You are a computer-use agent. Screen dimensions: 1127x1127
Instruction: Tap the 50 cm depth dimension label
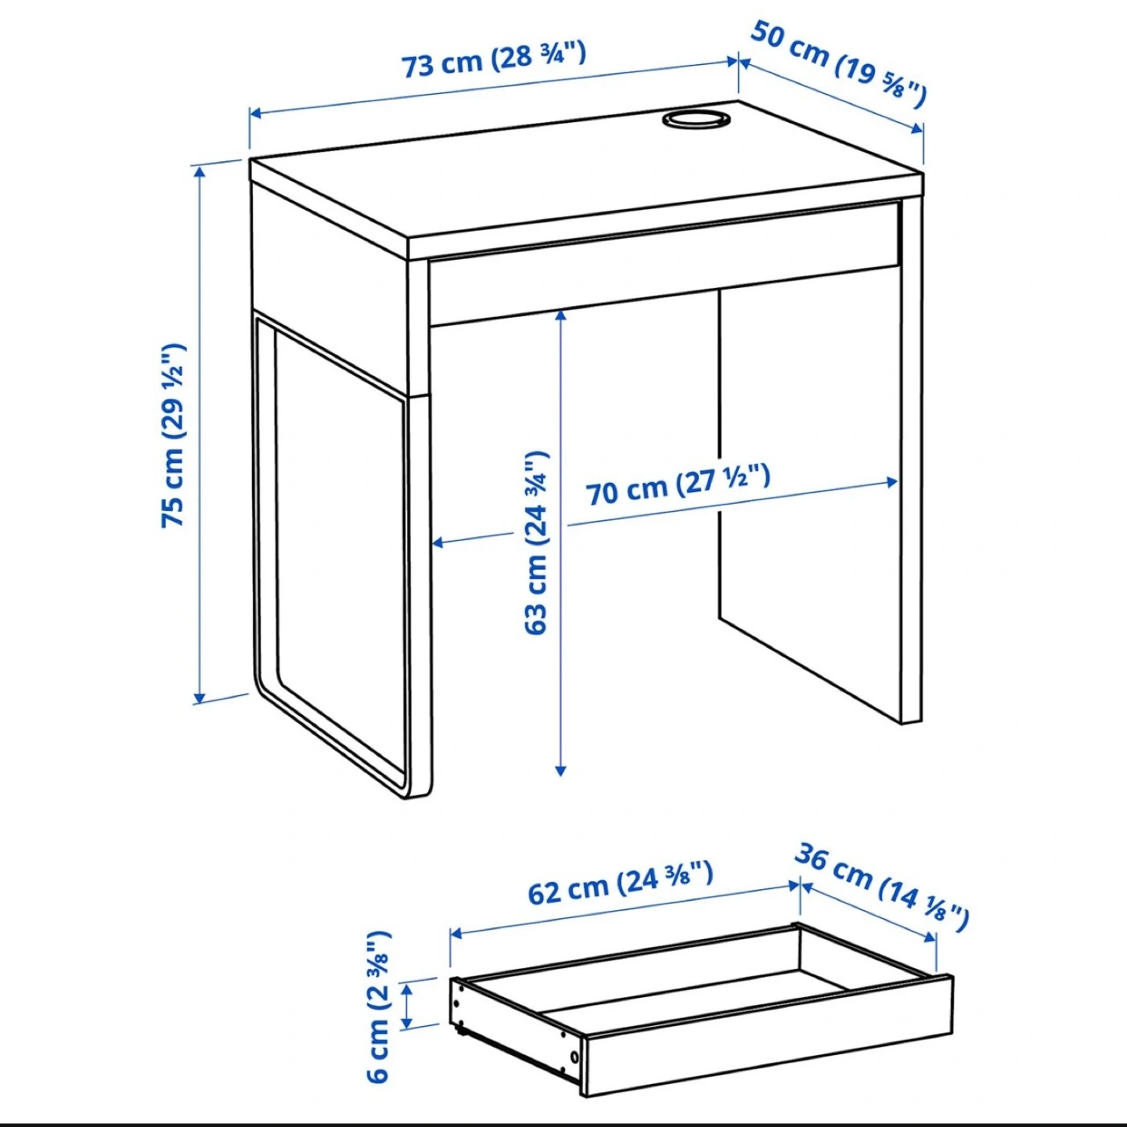(x=837, y=63)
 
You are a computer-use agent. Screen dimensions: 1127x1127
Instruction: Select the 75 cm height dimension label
(x=173, y=435)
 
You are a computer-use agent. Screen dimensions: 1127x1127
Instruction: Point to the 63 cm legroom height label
(x=536, y=542)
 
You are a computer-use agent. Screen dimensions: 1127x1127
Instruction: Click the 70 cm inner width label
(x=678, y=485)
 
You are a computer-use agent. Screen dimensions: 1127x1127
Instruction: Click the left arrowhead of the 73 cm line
(x=256, y=113)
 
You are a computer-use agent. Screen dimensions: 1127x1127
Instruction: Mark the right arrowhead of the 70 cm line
(x=892, y=482)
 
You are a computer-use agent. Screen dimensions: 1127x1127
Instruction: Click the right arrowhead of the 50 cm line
(x=917, y=128)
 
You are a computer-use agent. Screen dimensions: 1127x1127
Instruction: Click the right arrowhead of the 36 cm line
(x=931, y=953)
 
